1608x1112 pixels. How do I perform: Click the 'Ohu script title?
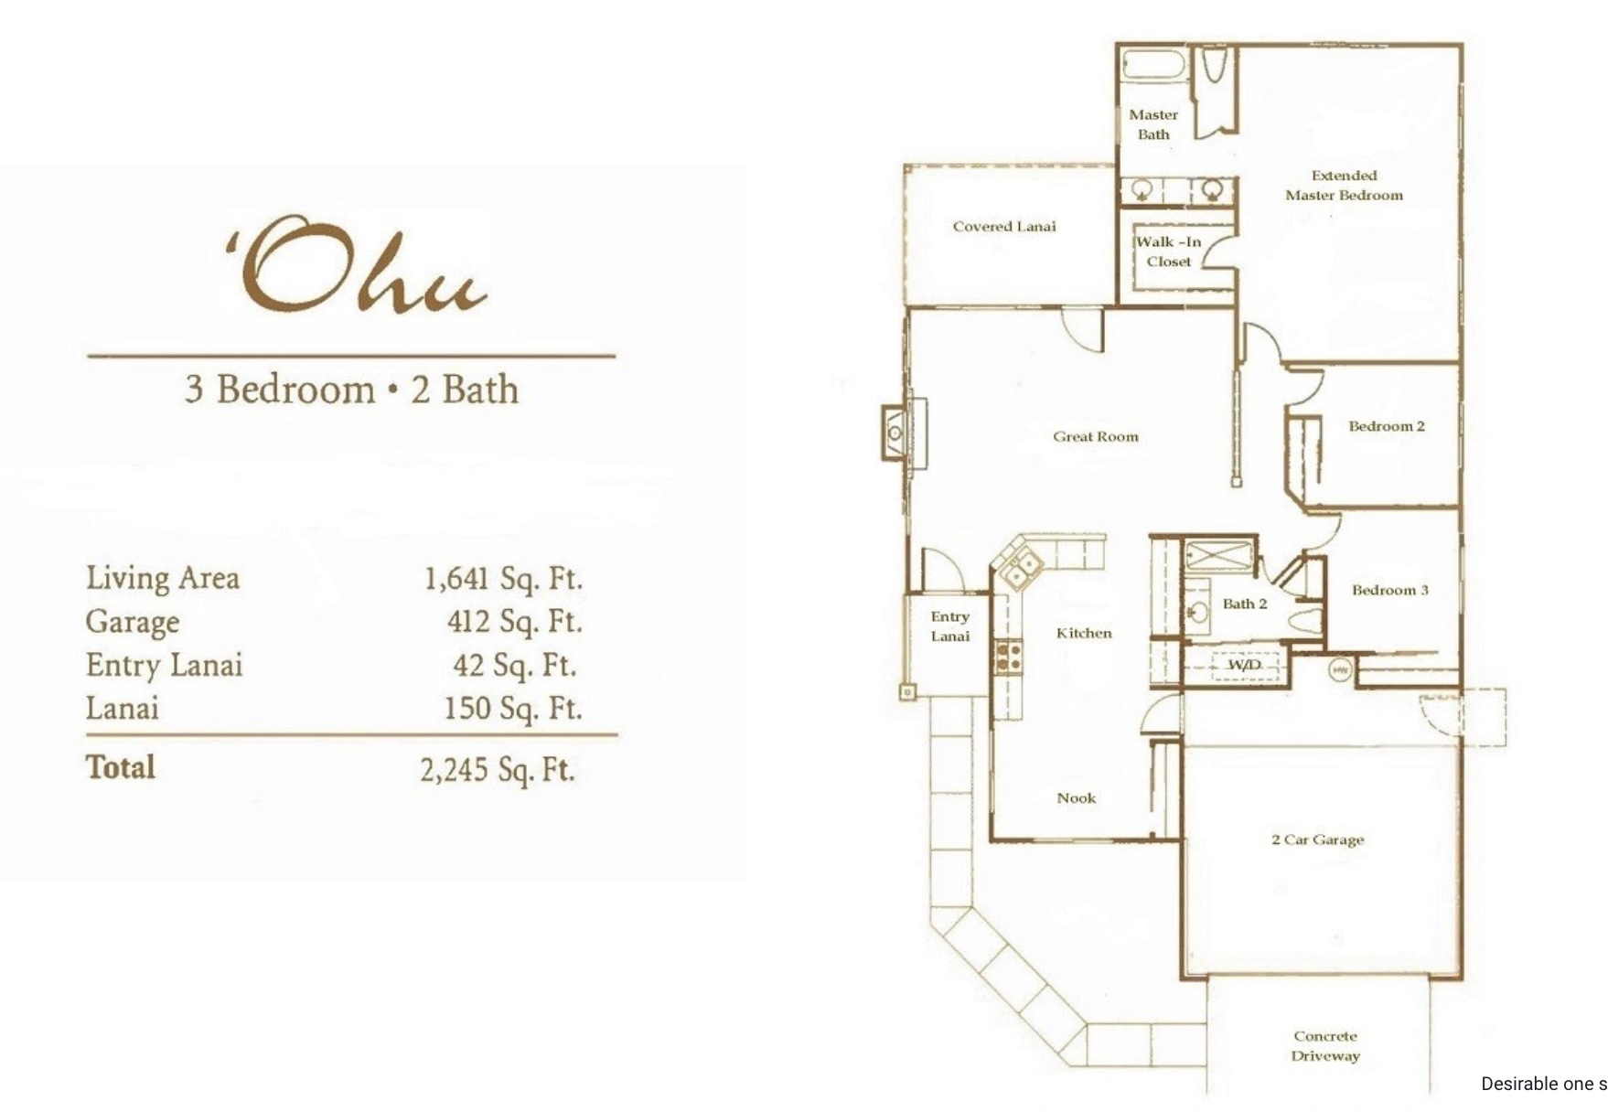(357, 265)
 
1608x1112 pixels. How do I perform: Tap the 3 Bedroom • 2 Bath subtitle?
(351, 390)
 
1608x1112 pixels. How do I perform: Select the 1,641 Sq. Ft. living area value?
(503, 579)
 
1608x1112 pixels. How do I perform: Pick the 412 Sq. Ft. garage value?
(514, 622)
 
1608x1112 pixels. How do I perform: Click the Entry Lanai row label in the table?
(165, 665)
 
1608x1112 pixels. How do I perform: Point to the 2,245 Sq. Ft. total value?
(498, 770)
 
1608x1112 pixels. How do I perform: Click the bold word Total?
(121, 766)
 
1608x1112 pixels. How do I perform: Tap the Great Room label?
(1096, 436)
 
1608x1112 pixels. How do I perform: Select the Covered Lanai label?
(1004, 226)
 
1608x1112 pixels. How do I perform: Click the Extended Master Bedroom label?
(1344, 185)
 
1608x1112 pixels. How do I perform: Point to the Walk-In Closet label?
(1169, 251)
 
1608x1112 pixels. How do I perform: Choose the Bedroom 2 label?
(1387, 426)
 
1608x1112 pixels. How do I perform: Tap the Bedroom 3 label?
(1390, 590)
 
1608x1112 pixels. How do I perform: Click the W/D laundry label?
(1243, 665)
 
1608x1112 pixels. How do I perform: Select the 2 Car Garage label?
(1317, 839)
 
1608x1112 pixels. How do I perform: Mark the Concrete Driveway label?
(1325, 1045)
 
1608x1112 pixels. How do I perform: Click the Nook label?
(1077, 797)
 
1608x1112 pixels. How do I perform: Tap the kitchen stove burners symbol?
(1009, 655)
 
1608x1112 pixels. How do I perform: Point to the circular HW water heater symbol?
(1340, 669)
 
